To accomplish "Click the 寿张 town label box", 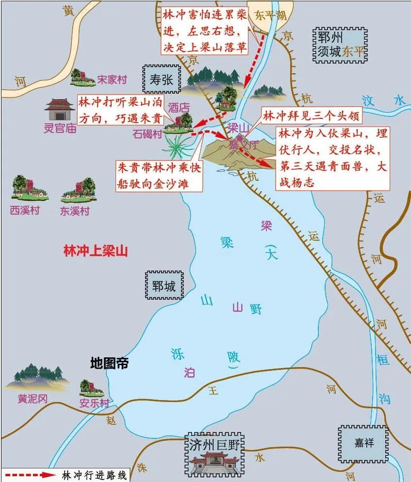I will pyautogui.click(x=161, y=79).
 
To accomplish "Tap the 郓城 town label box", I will pyautogui.click(x=163, y=286).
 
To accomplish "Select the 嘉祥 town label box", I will pyautogui.click(x=363, y=442).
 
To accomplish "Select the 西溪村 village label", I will pyautogui.click(x=25, y=210).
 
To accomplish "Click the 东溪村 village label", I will pyautogui.click(x=75, y=211).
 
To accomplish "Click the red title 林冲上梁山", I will pyautogui.click(x=96, y=251).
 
